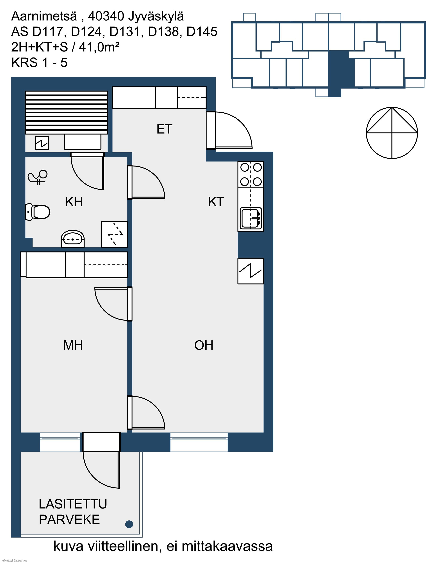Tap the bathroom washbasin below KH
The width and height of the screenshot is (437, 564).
click(73, 239)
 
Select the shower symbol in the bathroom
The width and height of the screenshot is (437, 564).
click(38, 177)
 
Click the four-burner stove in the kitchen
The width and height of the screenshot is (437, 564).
click(251, 174)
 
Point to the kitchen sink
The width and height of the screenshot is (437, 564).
click(251, 219)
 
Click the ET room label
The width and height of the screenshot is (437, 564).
click(164, 129)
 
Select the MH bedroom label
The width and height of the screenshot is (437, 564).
click(73, 345)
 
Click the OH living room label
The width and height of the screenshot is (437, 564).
click(204, 345)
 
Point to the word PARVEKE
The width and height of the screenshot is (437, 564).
click(69, 520)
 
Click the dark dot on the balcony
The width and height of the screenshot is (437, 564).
click(129, 524)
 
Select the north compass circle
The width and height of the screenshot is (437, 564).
click(392, 133)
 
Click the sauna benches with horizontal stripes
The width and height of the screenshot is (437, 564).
click(66, 113)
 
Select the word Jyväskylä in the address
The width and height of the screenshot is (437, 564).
click(156, 17)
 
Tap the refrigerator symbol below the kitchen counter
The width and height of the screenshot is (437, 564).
click(251, 271)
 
